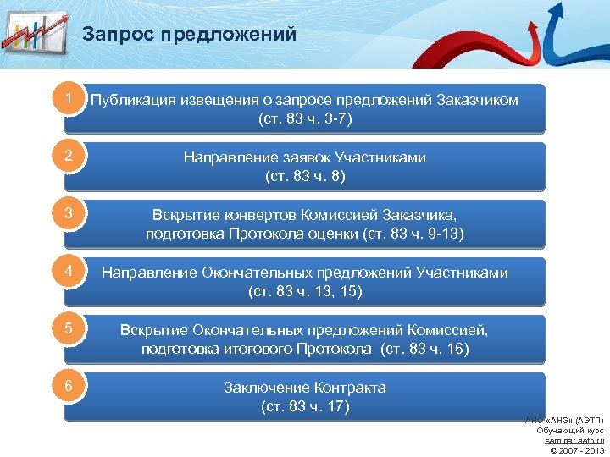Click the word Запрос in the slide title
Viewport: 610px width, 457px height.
point(119,35)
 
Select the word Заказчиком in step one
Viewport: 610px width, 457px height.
point(478,100)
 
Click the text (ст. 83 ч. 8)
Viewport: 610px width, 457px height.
point(305,176)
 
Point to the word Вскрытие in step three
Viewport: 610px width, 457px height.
point(180,215)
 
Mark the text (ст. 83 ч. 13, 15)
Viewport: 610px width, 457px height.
point(305,291)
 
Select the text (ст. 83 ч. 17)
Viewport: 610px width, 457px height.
point(305,406)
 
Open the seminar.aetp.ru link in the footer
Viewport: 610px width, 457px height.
point(574,440)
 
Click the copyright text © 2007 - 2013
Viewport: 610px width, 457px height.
point(575,450)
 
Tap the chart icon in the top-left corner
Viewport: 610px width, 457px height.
point(34,32)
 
